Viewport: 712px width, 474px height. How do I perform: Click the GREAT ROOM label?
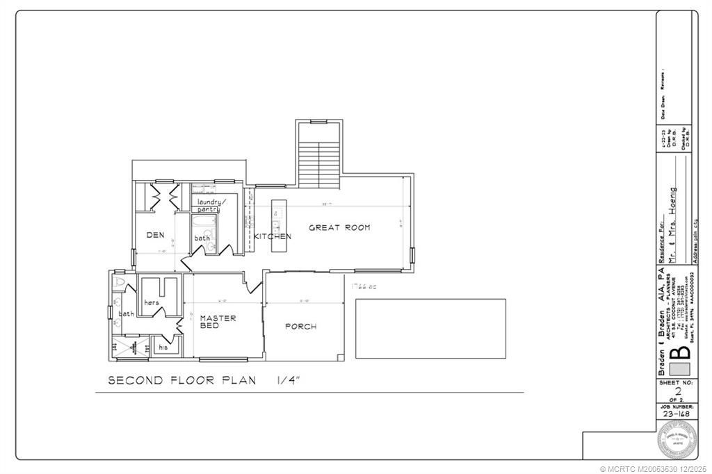[339, 227]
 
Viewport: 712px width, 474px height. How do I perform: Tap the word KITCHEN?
[272, 236]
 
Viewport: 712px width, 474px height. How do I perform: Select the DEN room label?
[155, 235]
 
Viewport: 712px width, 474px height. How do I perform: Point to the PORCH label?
[300, 326]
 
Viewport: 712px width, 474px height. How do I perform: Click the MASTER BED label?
[218, 321]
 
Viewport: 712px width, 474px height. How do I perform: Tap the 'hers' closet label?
[152, 303]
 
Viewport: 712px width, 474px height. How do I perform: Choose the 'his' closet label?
[163, 346]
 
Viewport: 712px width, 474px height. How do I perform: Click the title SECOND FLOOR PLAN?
[181, 380]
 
